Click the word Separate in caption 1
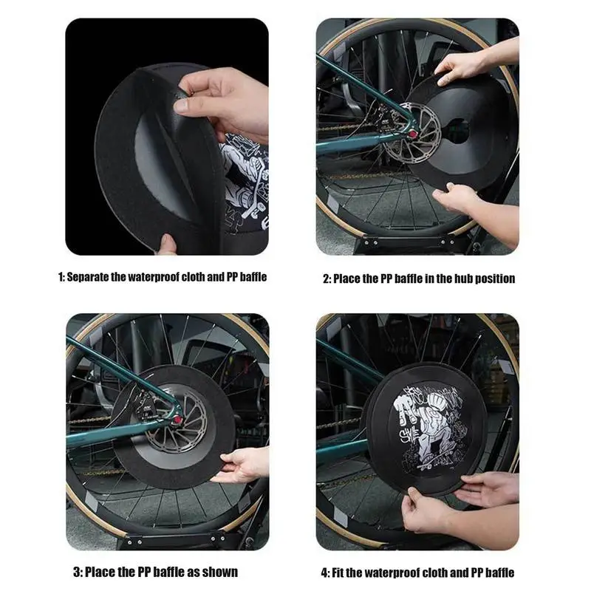(88, 277)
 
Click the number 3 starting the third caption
(77, 572)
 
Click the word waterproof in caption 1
(154, 277)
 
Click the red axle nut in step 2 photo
(413, 134)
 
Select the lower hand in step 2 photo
(476, 211)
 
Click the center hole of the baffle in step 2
(457, 131)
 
